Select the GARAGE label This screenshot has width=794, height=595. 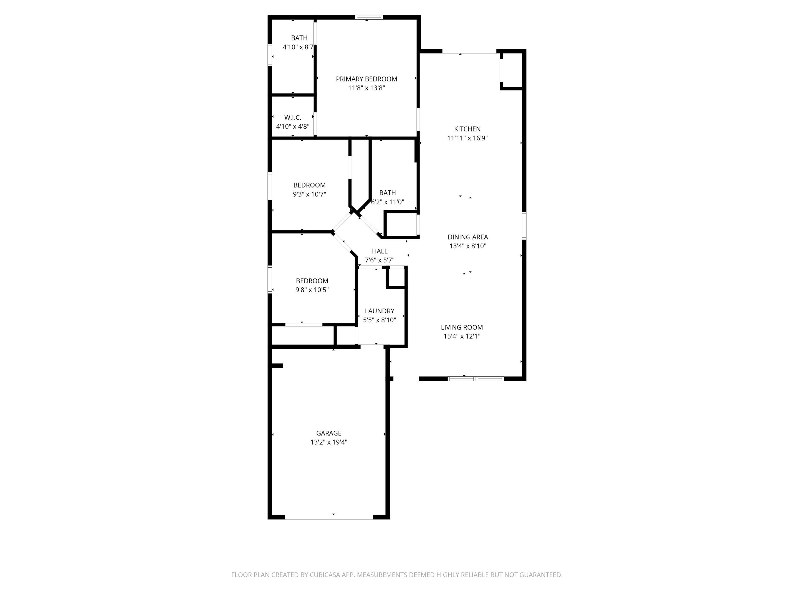[x=328, y=433]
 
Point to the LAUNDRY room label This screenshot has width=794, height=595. [x=380, y=311]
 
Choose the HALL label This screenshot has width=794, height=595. [x=380, y=251]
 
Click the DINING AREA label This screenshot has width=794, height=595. [x=467, y=237]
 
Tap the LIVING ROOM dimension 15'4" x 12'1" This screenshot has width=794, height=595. [x=462, y=336]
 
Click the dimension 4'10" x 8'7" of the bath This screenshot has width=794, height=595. [x=299, y=47]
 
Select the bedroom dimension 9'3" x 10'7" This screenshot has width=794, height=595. [x=309, y=194]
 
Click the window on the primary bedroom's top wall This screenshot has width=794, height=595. [x=369, y=17]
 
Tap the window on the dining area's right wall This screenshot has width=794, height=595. [x=524, y=226]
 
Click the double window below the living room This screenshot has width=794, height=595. [x=476, y=379]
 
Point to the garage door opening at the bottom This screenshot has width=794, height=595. [x=328, y=517]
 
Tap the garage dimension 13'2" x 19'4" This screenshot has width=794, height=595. [x=328, y=442]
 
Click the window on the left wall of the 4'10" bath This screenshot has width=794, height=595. [x=270, y=55]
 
